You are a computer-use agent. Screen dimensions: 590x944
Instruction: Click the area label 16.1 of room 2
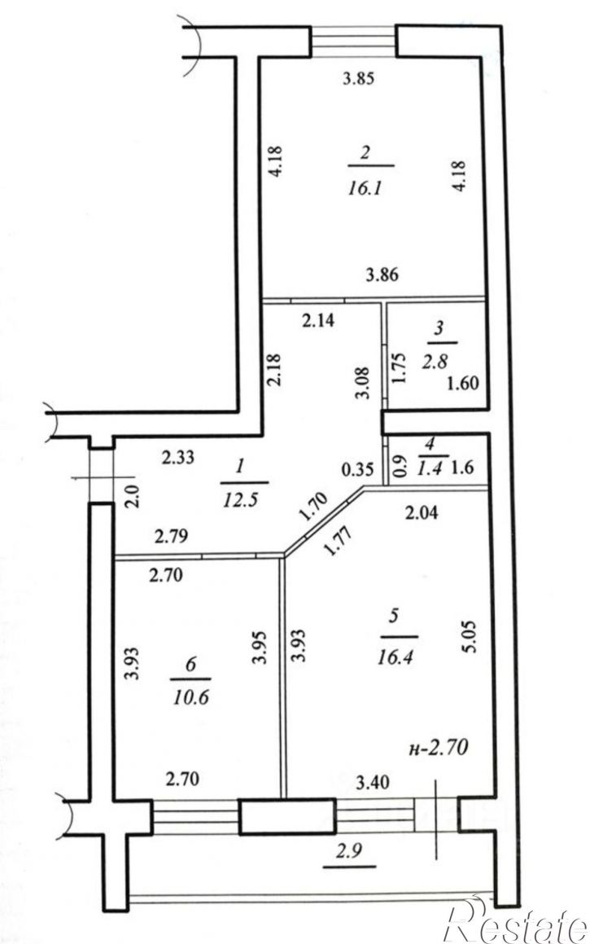click(x=365, y=189)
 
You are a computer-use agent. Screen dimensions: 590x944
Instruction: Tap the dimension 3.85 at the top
click(x=358, y=78)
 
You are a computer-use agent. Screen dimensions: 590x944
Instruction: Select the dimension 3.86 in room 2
click(x=382, y=275)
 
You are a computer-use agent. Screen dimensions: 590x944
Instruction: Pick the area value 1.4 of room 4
click(x=430, y=468)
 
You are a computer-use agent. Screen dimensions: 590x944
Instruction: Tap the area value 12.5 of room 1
click(x=241, y=500)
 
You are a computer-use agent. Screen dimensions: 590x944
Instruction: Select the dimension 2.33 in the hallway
click(x=178, y=458)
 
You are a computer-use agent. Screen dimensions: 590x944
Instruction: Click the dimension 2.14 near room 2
click(x=318, y=321)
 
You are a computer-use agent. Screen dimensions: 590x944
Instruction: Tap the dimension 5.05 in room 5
click(x=471, y=637)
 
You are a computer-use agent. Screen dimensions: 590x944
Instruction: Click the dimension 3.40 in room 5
click(x=373, y=783)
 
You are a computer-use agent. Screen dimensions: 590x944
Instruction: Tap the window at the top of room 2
click(x=353, y=41)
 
